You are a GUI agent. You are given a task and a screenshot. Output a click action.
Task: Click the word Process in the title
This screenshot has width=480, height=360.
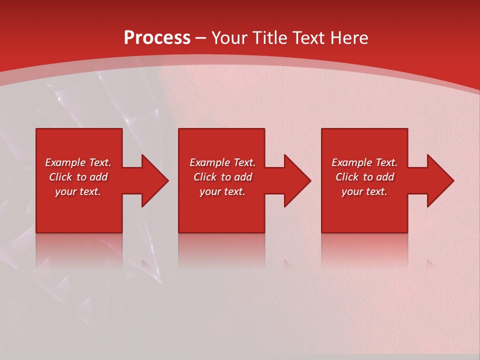coord(157,38)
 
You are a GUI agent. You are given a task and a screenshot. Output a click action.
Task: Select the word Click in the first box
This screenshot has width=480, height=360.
coord(60,177)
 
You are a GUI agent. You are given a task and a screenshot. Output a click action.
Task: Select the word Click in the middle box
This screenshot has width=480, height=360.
coord(205,177)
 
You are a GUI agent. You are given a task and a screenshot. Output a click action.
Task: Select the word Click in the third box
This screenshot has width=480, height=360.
coord(347,177)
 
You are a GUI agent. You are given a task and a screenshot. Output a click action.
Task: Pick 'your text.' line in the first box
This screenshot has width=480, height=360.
coord(78,191)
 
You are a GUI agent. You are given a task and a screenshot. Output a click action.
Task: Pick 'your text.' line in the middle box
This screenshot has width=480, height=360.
coord(222,191)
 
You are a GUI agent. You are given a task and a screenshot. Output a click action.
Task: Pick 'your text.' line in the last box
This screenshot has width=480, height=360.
coord(364,191)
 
